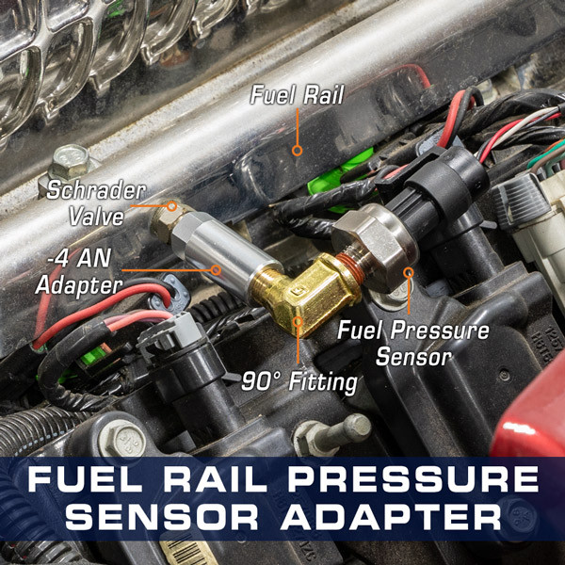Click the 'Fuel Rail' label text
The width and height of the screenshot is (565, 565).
(297, 94)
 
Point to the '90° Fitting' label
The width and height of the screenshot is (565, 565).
(300, 382)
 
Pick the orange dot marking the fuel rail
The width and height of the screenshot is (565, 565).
(297, 149)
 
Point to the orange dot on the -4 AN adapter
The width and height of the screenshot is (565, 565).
(217, 268)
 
